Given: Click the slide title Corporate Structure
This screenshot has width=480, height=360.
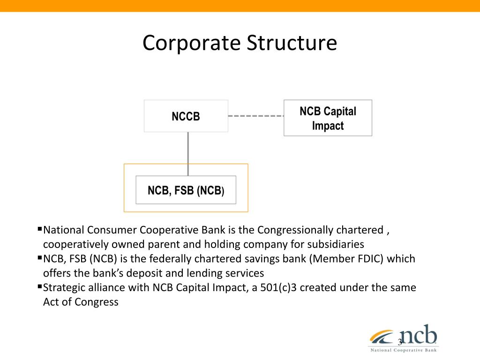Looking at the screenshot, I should (240, 43).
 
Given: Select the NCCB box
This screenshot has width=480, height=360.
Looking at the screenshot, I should (186, 116).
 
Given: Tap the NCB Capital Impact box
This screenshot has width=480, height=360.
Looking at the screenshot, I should (328, 118).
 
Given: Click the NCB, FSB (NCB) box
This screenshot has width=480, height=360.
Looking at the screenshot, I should (186, 190).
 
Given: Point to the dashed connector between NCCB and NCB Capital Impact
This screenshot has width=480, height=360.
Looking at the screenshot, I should (255, 116).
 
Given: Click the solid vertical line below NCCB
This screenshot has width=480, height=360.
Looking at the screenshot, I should (188, 154).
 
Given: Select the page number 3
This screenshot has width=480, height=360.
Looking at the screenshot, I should (400, 342).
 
